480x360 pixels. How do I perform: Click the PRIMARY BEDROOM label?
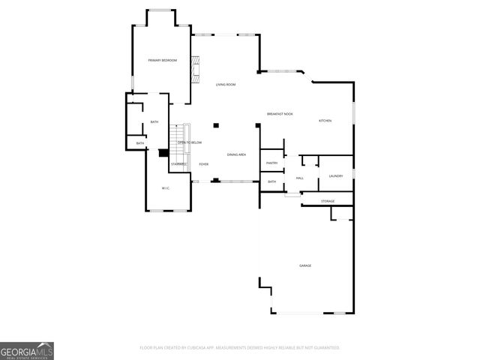tap(162, 60)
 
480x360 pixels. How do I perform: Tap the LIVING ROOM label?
tap(226, 85)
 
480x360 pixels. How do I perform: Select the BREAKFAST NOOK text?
tap(280, 114)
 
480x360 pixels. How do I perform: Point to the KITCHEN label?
tap(325, 121)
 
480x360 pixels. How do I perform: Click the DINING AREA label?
tap(236, 154)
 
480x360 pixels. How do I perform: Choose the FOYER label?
tap(203, 163)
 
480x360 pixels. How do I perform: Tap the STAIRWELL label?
tap(178, 163)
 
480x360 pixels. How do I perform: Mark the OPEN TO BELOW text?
tap(189, 142)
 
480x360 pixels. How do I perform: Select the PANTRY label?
tap(271, 163)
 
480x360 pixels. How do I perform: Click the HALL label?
tap(299, 178)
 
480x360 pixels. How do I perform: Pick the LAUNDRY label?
tap(335, 176)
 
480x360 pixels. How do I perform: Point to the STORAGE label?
tap(328, 201)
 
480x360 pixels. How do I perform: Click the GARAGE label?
tap(305, 265)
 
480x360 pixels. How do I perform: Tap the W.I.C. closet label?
tap(166, 187)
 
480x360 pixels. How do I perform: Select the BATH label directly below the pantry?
tap(271, 181)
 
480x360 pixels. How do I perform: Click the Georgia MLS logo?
tap(27, 351)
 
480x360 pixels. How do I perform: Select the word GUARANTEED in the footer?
tap(322, 348)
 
